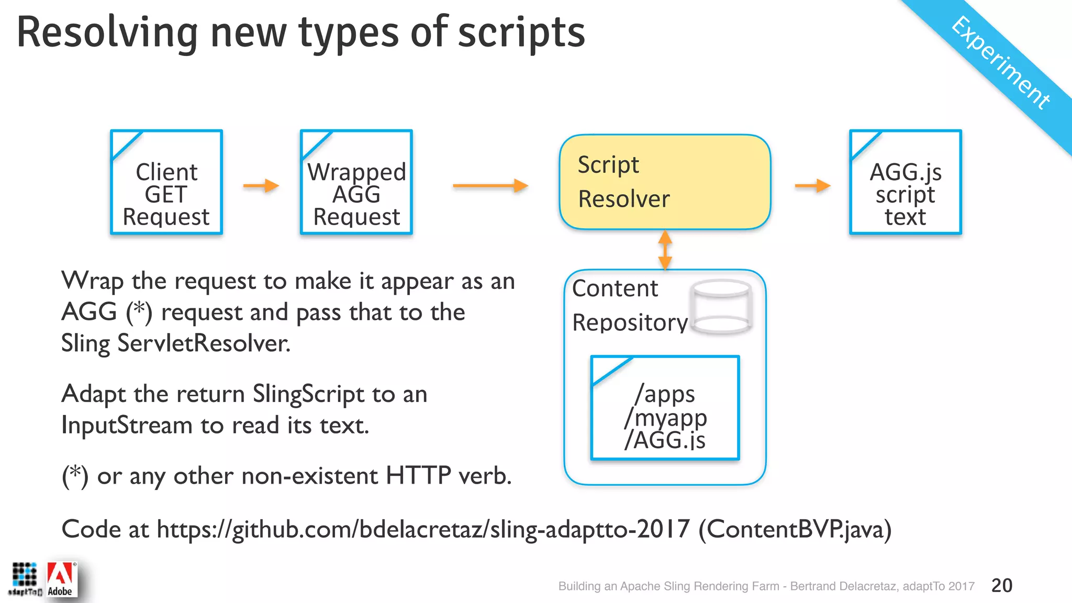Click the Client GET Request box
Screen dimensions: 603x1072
click(x=166, y=182)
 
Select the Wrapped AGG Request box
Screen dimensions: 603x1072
click(x=356, y=182)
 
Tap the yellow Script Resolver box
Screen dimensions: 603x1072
click(x=665, y=182)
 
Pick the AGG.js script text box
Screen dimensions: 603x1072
click(x=906, y=182)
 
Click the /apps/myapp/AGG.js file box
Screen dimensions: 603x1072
click(x=665, y=408)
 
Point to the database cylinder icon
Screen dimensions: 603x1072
click(x=721, y=307)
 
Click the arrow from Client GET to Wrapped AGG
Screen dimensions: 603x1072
click(x=261, y=185)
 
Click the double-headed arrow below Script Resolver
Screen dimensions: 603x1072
click(x=665, y=250)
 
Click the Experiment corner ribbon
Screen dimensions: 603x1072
click(x=1000, y=63)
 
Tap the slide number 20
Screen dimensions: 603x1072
click(x=1002, y=585)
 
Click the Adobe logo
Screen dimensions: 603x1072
click(x=61, y=580)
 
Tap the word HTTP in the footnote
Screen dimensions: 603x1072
click(x=418, y=476)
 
